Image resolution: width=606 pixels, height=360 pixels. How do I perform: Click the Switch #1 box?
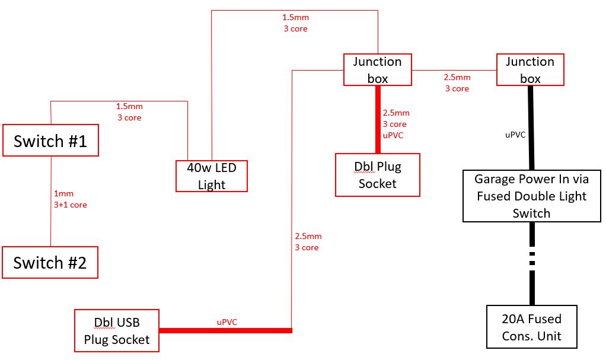click(x=50, y=141)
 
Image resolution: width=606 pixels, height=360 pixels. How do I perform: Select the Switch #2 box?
click(x=50, y=262)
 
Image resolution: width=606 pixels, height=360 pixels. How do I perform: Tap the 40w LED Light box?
click(x=212, y=176)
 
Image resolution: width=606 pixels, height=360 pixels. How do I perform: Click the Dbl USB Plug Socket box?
click(x=117, y=330)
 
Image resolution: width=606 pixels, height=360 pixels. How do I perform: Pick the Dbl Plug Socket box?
click(x=377, y=175)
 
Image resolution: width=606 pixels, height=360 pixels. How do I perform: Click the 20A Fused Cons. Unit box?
click(x=532, y=327)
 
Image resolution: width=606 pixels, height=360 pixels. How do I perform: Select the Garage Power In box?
click(x=531, y=196)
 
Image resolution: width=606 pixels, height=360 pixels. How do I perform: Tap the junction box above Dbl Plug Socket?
click(x=378, y=69)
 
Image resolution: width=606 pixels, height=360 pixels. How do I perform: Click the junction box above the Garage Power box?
click(x=530, y=69)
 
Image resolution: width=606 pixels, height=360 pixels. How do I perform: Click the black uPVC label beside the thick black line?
click(x=515, y=135)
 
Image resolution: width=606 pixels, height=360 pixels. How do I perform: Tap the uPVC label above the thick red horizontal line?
click(x=227, y=322)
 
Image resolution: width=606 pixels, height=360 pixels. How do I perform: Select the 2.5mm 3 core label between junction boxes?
click(x=457, y=83)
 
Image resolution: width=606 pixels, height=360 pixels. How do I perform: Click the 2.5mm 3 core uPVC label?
click(x=396, y=124)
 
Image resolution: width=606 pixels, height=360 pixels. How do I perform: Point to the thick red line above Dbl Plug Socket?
click(x=378, y=119)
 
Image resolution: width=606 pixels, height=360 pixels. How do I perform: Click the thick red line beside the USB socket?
click(x=225, y=330)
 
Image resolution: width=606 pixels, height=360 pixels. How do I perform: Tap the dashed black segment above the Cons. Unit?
click(x=532, y=257)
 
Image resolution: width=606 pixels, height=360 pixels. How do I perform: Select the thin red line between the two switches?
click(x=50, y=202)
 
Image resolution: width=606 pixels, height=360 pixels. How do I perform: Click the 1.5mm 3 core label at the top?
click(x=295, y=23)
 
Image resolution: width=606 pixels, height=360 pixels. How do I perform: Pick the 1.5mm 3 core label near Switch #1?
click(x=129, y=111)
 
